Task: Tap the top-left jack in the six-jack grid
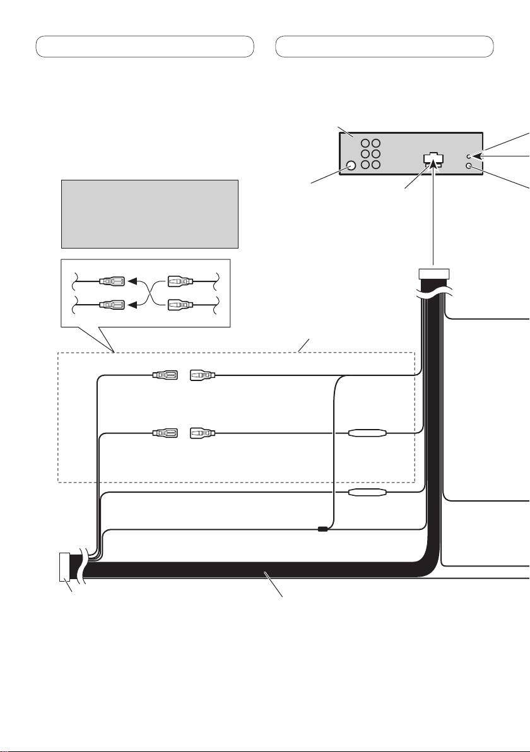pyautogui.click(x=365, y=143)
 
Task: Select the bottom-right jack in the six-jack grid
pyautogui.click(x=376, y=165)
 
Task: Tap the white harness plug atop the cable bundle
pyautogui.click(x=434, y=273)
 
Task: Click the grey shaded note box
pyautogui.click(x=150, y=214)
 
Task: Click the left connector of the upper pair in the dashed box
pyautogui.click(x=165, y=376)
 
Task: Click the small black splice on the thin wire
pyautogui.click(x=322, y=529)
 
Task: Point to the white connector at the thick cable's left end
pyautogui.click(x=64, y=566)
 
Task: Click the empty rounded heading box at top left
pyautogui.click(x=144, y=47)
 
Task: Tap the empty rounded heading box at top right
pyautogui.click(x=385, y=47)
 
